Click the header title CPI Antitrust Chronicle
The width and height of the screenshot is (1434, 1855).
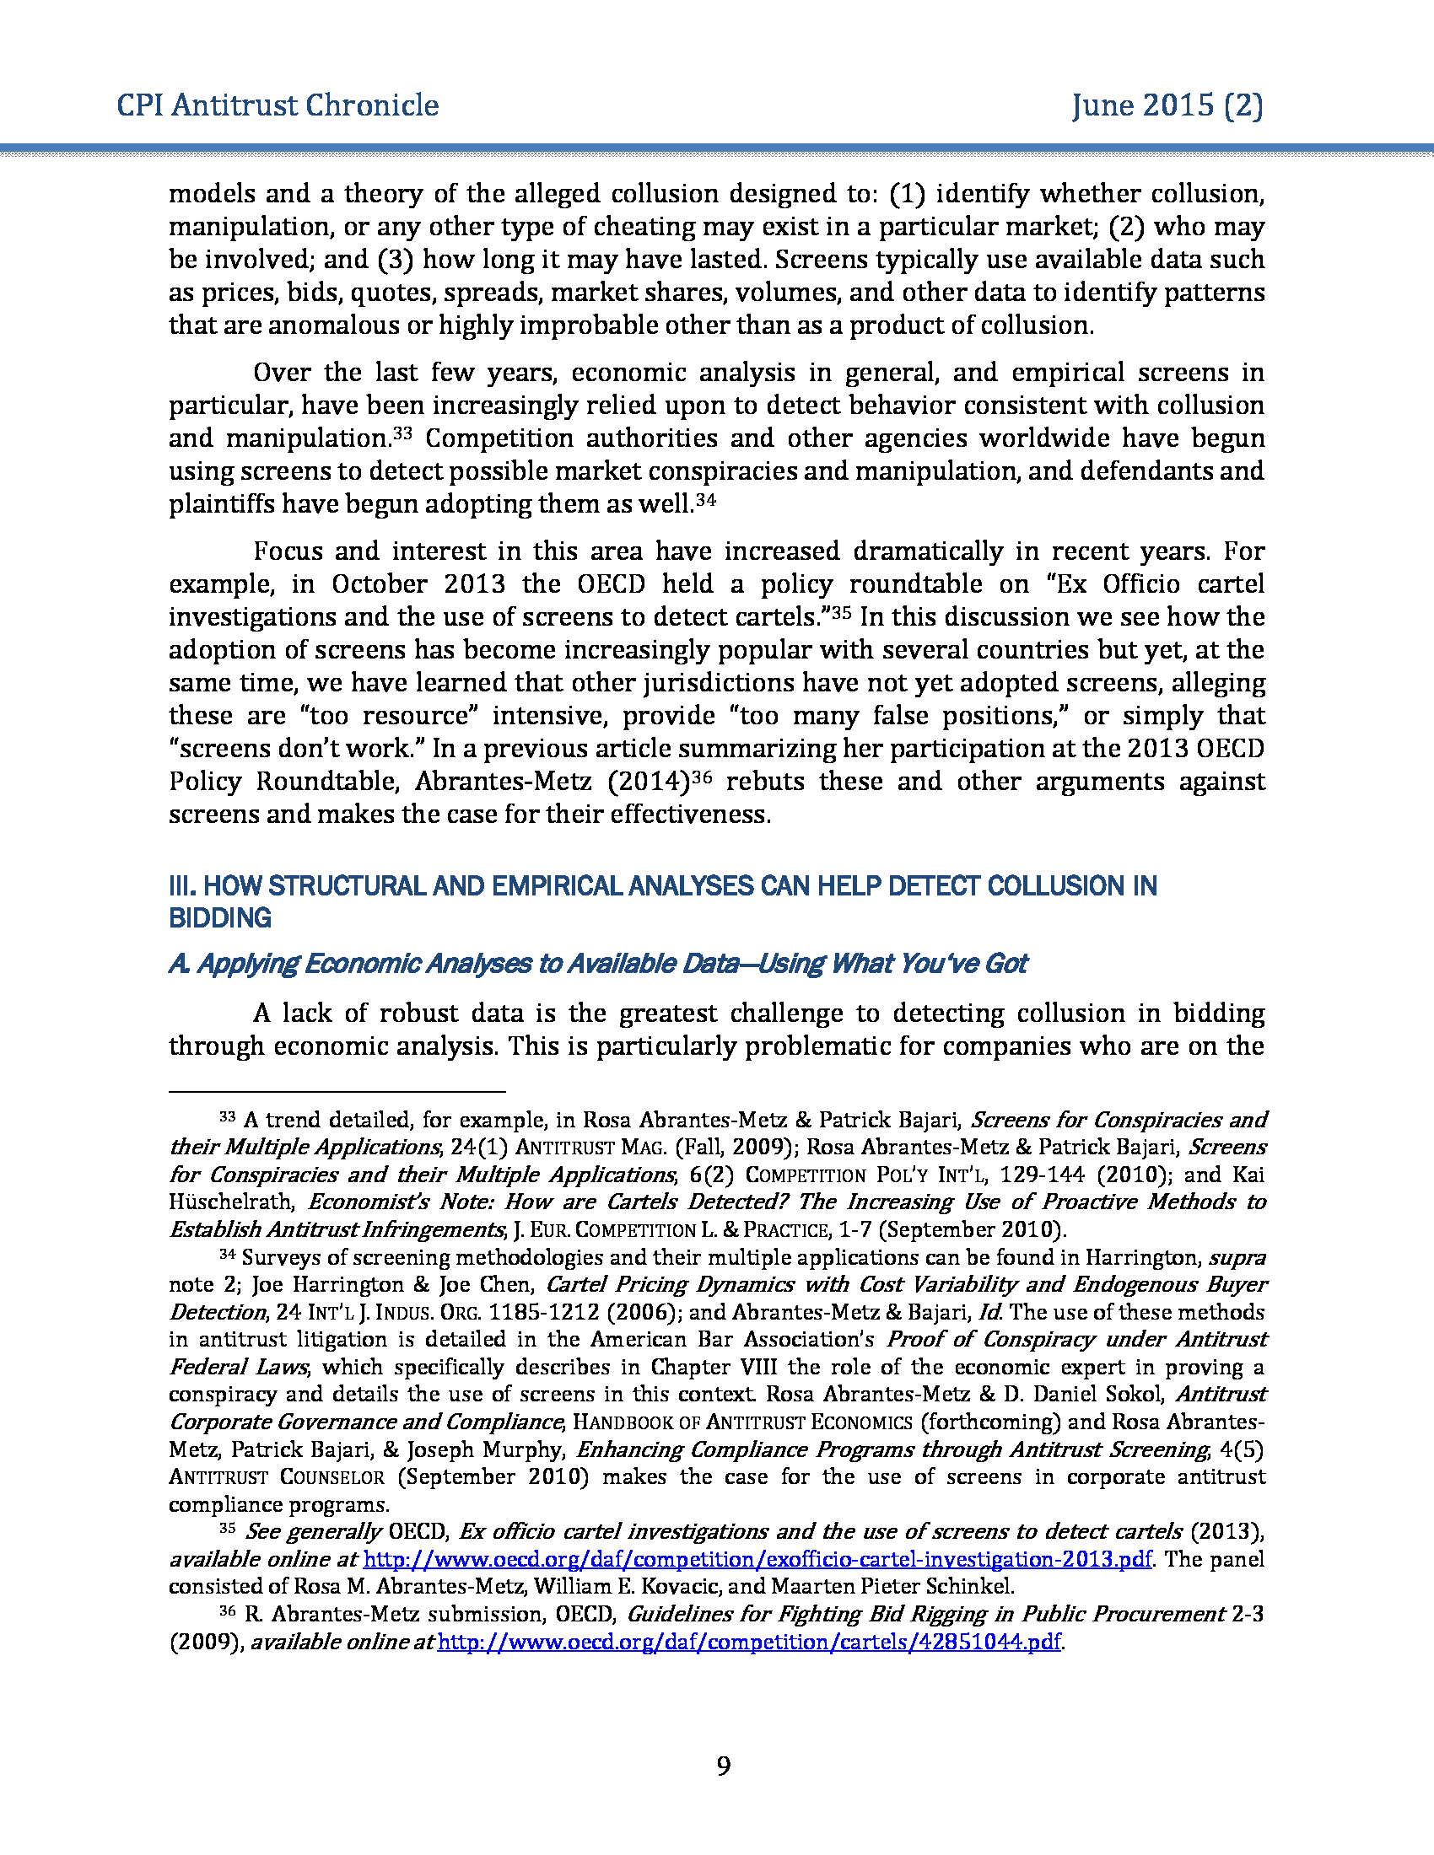(x=278, y=105)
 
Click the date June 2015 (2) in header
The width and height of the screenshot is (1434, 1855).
(x=1167, y=105)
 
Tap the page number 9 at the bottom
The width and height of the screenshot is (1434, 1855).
(x=723, y=1766)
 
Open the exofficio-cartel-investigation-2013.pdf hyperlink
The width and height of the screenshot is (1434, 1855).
(x=757, y=1559)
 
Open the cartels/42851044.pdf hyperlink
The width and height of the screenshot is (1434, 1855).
(x=748, y=1642)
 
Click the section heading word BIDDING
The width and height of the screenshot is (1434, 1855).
(x=220, y=918)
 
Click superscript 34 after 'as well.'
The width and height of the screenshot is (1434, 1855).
(x=706, y=499)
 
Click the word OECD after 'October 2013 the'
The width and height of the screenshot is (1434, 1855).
(x=611, y=584)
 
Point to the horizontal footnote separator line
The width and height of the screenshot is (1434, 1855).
(x=337, y=1090)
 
